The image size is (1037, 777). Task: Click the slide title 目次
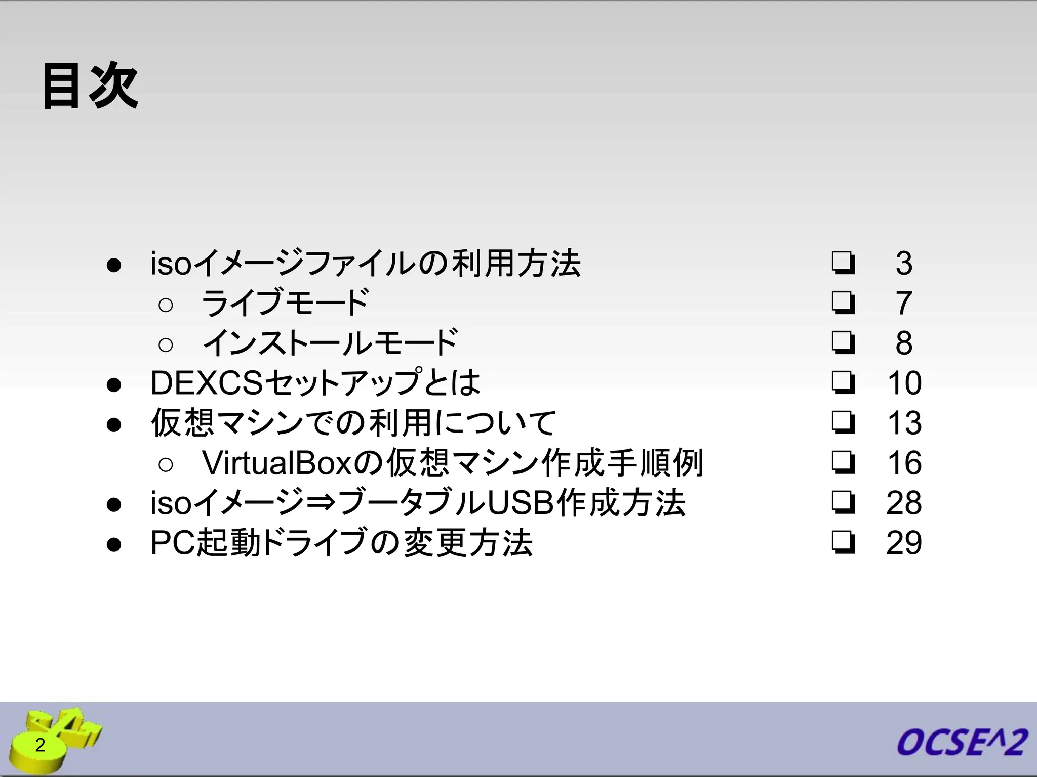click(90, 86)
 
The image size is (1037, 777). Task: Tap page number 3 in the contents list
click(904, 263)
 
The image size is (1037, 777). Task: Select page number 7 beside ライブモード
click(904, 303)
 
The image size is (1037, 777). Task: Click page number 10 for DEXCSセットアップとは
click(904, 383)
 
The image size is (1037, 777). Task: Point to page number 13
click(904, 423)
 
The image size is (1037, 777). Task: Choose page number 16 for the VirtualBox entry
click(904, 463)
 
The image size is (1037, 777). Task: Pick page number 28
click(904, 503)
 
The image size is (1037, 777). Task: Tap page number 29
click(904, 543)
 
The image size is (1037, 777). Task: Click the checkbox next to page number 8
click(843, 342)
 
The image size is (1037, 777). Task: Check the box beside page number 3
click(843, 263)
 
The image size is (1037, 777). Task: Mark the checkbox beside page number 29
click(843, 542)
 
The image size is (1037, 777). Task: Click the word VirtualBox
click(276, 463)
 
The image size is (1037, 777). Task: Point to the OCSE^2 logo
click(962, 743)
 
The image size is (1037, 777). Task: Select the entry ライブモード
click(285, 303)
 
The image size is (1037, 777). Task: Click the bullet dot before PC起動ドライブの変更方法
click(114, 544)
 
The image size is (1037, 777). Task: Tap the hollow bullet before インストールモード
click(166, 344)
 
